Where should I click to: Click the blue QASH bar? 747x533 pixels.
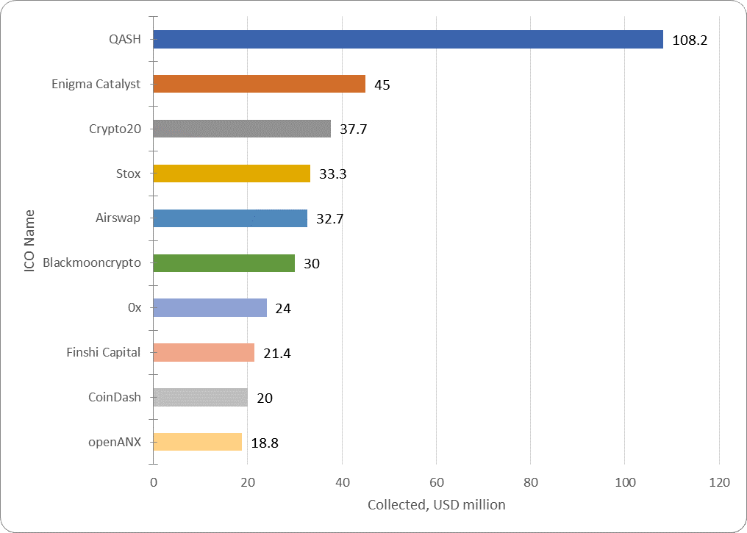[x=408, y=40]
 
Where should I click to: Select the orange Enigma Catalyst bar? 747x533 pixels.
[x=259, y=84]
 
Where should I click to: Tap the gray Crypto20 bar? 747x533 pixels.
[x=242, y=129]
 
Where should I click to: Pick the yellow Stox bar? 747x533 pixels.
[x=232, y=174]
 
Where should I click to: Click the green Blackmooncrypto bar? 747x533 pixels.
[x=224, y=263]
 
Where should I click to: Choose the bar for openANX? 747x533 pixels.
[x=197, y=442]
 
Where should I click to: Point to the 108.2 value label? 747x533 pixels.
[x=690, y=40]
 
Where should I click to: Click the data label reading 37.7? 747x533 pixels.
[x=353, y=130]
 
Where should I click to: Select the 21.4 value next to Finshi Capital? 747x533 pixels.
[x=277, y=354]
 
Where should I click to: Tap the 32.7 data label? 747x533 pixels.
[x=329, y=219]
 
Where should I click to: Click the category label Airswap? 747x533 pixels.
[x=118, y=218]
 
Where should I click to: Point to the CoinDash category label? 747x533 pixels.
[x=114, y=398]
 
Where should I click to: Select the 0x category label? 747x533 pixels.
[x=134, y=307]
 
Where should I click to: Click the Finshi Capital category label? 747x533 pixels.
[x=103, y=352]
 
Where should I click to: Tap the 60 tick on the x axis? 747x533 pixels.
[x=436, y=483]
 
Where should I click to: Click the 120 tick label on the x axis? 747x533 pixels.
[x=719, y=483]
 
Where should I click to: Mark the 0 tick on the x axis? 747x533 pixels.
[x=154, y=483]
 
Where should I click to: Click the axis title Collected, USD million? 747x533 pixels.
[x=436, y=505]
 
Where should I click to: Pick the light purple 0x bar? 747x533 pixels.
[x=210, y=307]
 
